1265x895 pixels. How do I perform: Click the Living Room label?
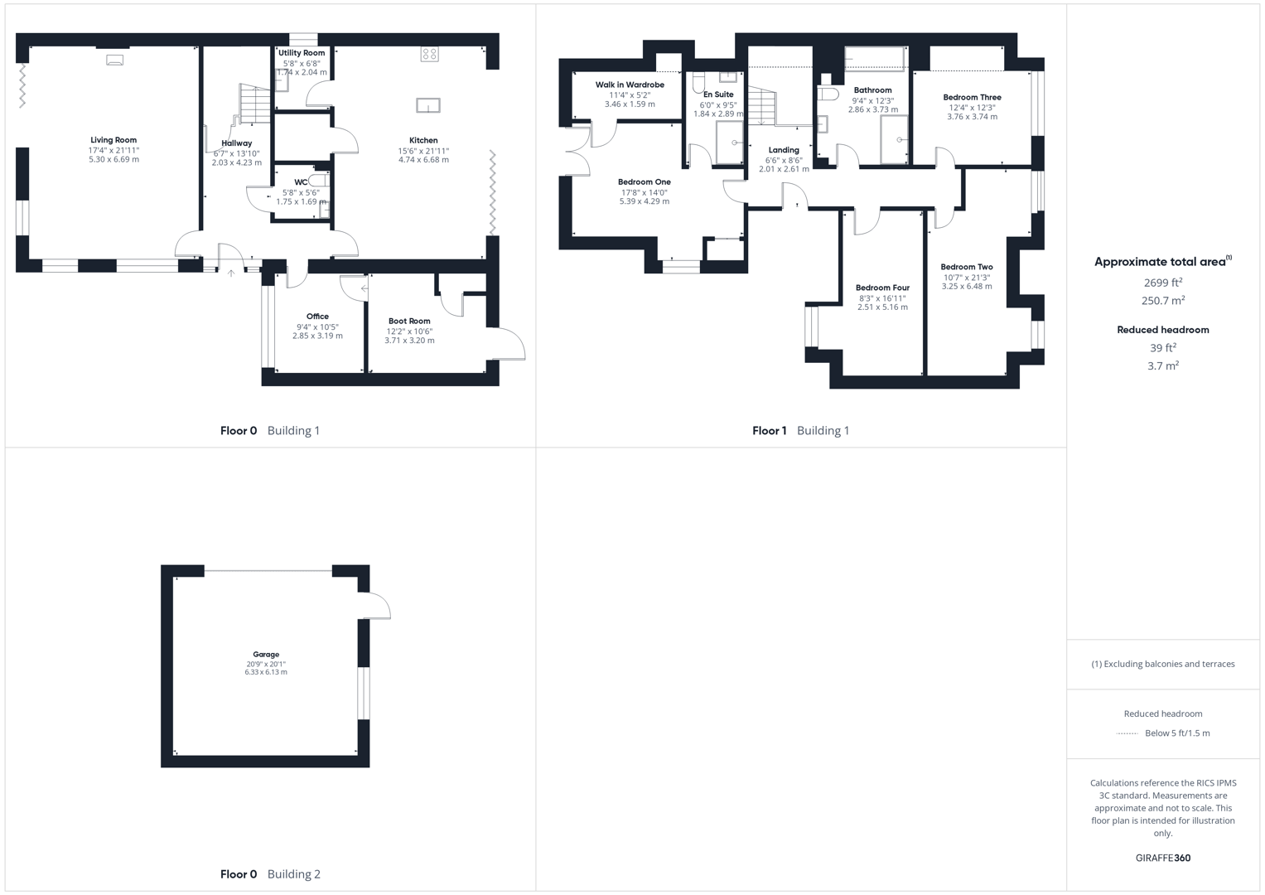[x=113, y=140]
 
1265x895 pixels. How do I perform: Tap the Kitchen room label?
[x=423, y=140]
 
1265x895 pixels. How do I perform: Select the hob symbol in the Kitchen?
[x=429, y=54]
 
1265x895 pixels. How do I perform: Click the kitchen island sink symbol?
[x=428, y=105]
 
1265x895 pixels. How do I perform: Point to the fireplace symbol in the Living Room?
[x=114, y=60]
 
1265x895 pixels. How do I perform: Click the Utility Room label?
[x=302, y=53]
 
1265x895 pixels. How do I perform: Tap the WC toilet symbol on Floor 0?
[x=318, y=180]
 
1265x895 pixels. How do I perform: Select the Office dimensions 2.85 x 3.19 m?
[x=317, y=336]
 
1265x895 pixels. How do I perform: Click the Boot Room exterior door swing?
[x=509, y=342]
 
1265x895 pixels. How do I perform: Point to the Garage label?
[x=266, y=654]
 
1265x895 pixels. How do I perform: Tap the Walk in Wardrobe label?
[x=630, y=85]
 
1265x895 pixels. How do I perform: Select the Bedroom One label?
[x=645, y=181]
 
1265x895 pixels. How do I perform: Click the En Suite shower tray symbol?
[x=730, y=143]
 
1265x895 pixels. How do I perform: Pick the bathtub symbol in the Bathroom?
[x=874, y=59]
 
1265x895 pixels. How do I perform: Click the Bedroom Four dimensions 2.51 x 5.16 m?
[x=882, y=307]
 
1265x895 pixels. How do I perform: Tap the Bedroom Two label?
[x=967, y=267]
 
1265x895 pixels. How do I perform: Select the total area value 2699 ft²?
[x=1162, y=283]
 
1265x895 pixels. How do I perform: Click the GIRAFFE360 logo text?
[x=1162, y=858]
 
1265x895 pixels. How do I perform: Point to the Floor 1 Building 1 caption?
[x=800, y=430]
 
